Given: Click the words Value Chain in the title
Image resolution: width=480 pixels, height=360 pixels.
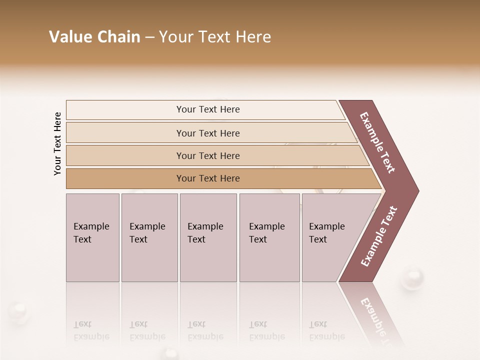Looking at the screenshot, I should (94, 37).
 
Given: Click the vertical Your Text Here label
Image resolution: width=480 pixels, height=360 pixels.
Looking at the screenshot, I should (57, 143).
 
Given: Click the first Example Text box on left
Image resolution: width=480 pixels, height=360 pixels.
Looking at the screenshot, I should (92, 237).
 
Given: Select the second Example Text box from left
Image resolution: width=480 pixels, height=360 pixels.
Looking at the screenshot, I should (149, 237).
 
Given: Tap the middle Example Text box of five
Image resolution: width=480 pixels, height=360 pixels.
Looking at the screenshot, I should (208, 237).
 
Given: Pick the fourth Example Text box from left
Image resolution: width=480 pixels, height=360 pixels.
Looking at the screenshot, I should (269, 237).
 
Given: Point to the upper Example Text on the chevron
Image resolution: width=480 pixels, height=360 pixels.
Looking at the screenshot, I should (378, 142).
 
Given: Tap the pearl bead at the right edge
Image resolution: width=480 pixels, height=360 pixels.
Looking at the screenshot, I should (413, 277).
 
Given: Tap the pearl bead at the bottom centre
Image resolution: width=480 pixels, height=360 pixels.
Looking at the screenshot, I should (171, 354).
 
